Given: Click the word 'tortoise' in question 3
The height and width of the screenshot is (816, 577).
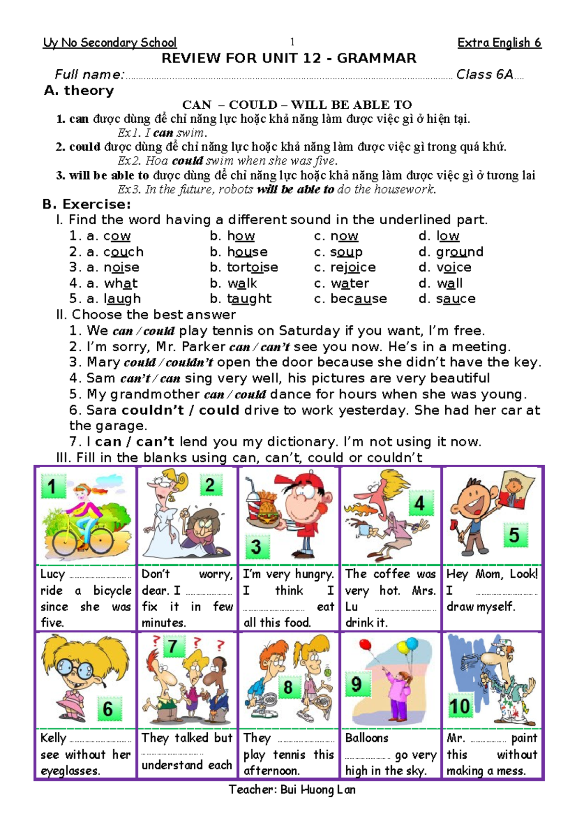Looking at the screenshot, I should coord(252,268).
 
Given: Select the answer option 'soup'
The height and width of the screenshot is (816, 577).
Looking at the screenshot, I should coord(346,252).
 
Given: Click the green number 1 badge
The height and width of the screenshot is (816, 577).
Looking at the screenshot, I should coord(52,486).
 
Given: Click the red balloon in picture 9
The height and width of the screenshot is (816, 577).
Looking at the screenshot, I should coord(365,645).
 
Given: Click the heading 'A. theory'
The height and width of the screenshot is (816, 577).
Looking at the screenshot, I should coord(79,90).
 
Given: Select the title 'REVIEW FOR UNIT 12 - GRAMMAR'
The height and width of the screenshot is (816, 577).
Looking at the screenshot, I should coord(288,59).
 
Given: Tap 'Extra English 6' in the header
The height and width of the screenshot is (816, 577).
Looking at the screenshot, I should coord(499,43).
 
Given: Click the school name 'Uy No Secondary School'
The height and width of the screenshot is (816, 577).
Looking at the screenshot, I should coord(110,43).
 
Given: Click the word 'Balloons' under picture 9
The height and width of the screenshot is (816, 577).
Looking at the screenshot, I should coord(366,738).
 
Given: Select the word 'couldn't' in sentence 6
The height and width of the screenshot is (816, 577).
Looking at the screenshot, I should coord(153,410).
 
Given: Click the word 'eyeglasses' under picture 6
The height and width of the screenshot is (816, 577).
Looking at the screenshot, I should coord(70,771).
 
